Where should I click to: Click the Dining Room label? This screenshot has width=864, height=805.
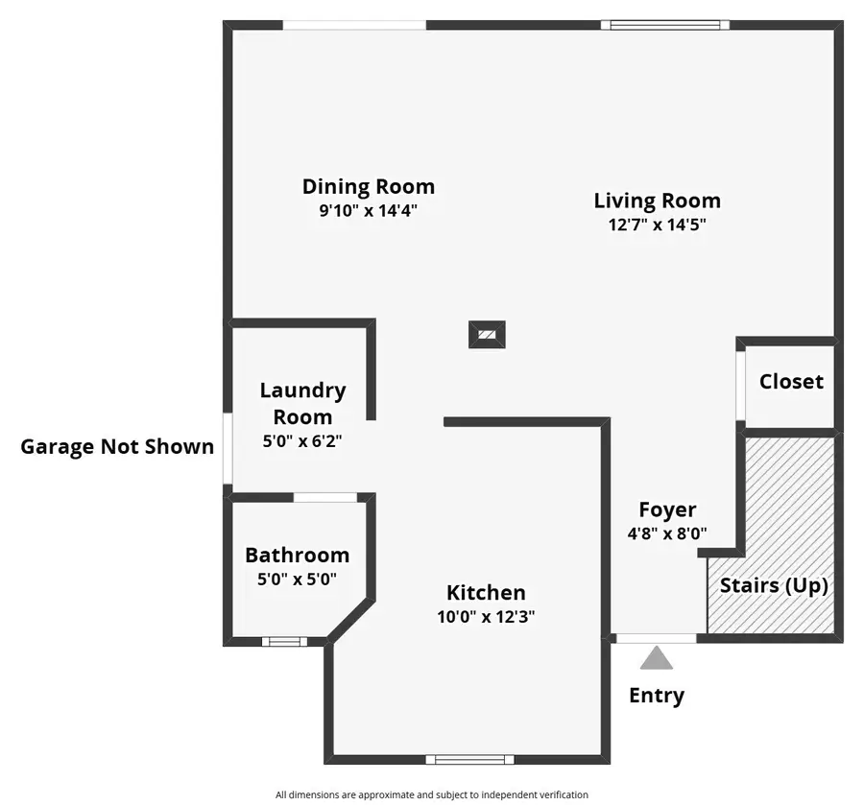(x=368, y=186)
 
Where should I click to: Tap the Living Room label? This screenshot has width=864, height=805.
(x=657, y=201)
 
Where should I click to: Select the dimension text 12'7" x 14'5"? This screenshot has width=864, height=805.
(x=657, y=226)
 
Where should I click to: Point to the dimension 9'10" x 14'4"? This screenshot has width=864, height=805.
(x=368, y=211)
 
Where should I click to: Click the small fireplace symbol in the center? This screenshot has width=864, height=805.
(x=487, y=335)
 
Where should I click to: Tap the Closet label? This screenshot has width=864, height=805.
(x=791, y=381)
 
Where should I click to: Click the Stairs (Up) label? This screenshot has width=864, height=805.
(x=774, y=585)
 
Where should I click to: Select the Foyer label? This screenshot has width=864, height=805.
(x=667, y=509)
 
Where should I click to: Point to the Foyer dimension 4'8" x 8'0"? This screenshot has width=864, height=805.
(x=667, y=533)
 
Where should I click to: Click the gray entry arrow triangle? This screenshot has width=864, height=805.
(x=657, y=658)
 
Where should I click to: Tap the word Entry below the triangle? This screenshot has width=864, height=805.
(x=657, y=696)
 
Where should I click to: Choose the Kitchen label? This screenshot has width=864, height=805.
(x=486, y=593)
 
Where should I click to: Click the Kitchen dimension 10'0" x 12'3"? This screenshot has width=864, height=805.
(x=486, y=617)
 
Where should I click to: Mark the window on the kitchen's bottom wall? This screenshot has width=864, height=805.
(x=469, y=759)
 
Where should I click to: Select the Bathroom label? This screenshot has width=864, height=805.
(x=297, y=555)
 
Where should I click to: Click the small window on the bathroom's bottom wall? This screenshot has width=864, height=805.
(x=284, y=641)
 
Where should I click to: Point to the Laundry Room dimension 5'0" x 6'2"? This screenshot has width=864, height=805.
(x=302, y=442)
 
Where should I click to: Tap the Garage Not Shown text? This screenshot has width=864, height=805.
(x=117, y=446)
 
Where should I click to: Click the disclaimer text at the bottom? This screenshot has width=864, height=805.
(x=431, y=794)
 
